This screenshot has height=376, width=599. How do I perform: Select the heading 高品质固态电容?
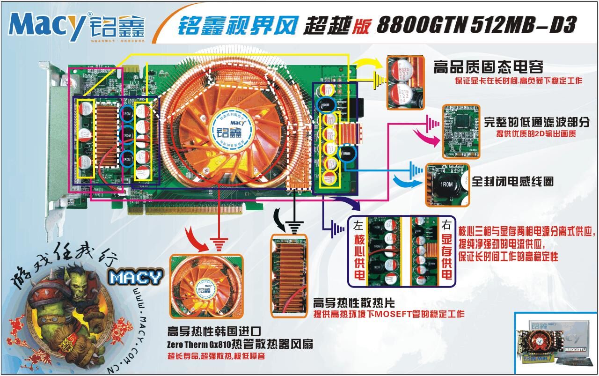pos(489,67)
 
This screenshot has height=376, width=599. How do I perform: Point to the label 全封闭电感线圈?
pos(512,181)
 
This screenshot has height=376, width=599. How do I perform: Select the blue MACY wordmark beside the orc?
pos(136,278)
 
